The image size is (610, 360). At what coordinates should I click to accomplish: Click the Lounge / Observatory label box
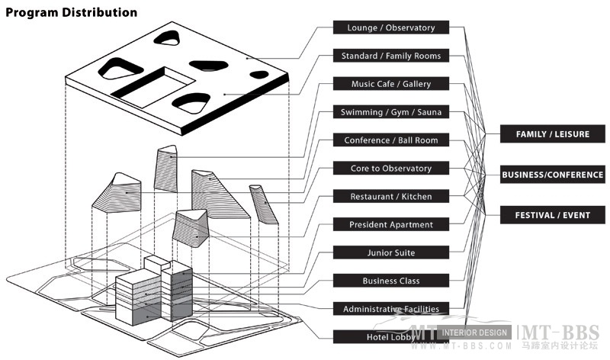[x=390, y=27]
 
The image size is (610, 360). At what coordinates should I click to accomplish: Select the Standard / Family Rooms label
[x=390, y=56]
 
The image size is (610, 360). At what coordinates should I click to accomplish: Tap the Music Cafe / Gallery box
[x=390, y=84]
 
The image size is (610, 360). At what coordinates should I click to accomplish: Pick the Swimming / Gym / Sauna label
[x=390, y=112]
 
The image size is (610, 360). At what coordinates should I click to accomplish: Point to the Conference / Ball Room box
[x=390, y=140]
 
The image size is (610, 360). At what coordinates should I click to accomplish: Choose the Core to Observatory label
[x=390, y=168]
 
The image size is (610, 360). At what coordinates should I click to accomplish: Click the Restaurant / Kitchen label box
[x=390, y=196]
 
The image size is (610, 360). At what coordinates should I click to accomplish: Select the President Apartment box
[x=390, y=224]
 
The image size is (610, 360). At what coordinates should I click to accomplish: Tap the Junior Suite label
[x=390, y=252]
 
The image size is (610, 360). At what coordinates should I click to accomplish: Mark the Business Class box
[x=390, y=281]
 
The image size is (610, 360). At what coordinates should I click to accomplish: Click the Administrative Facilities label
[x=390, y=309]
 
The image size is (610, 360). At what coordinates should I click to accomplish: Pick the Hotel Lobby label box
[x=390, y=336]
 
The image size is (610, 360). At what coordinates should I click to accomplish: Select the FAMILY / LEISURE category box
[x=552, y=134]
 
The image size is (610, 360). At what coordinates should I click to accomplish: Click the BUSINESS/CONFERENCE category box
[x=552, y=175]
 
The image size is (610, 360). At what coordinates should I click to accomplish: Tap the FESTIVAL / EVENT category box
[x=552, y=215]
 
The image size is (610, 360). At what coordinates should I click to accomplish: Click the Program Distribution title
[x=72, y=13]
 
